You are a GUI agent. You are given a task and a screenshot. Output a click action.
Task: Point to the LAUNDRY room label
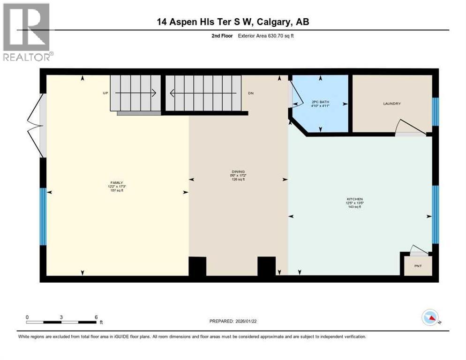click(x=391, y=104)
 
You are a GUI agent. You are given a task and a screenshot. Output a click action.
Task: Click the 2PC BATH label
click(x=318, y=102)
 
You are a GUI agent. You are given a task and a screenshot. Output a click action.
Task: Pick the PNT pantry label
click(x=418, y=266)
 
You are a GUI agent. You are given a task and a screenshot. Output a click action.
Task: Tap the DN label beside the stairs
click(x=251, y=93)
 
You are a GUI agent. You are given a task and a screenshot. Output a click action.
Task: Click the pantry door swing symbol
click(x=416, y=249)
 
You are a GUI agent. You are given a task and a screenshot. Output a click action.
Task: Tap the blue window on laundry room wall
click(x=435, y=112)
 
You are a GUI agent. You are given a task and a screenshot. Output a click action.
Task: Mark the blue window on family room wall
click(x=43, y=217)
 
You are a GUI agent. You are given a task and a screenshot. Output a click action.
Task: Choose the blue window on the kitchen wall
click(x=435, y=215)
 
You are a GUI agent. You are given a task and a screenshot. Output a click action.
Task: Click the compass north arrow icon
click(x=429, y=318)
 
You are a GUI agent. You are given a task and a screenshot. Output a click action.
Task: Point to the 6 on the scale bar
click(x=96, y=317)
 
